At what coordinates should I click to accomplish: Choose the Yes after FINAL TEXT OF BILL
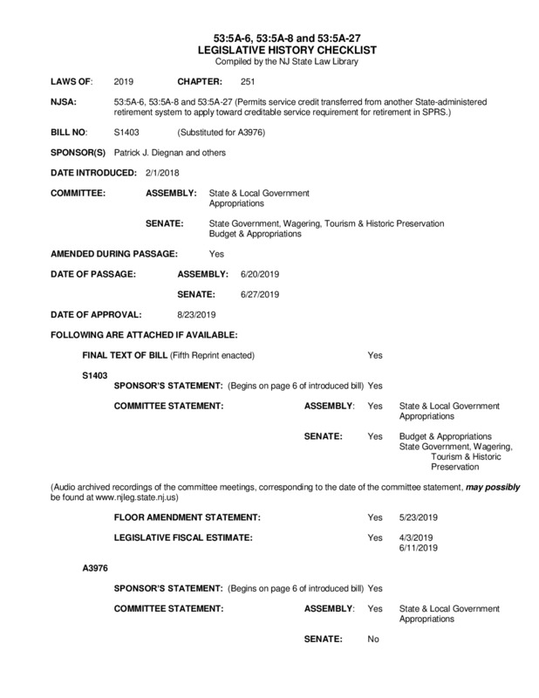tap(375, 356)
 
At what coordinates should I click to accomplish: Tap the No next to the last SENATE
tap(373, 640)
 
